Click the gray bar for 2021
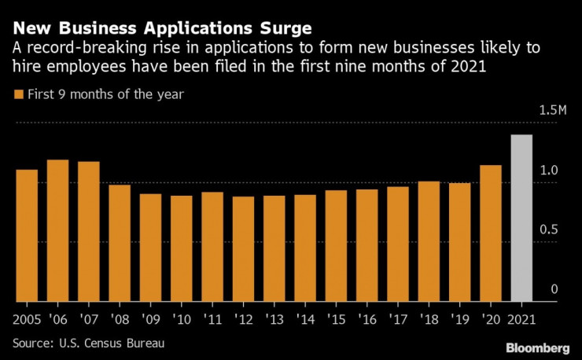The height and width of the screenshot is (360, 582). pyautogui.click(x=521, y=218)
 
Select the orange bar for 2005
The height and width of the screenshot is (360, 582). pyautogui.click(x=27, y=235)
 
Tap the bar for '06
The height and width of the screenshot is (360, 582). pyautogui.click(x=57, y=230)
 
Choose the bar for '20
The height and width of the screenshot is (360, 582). pyautogui.click(x=491, y=233)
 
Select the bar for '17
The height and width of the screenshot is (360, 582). pyautogui.click(x=398, y=244)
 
